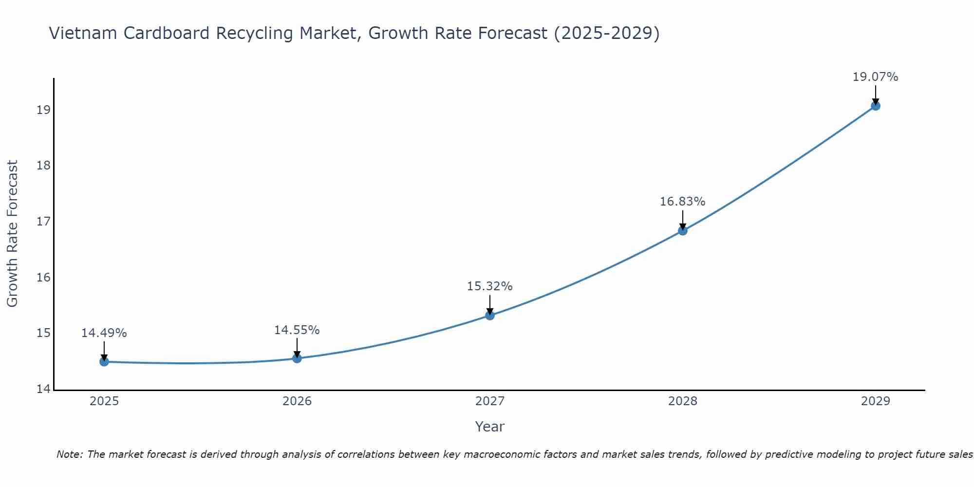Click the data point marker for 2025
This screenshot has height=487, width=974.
[x=104, y=362]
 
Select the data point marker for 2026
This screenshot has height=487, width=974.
[x=297, y=358]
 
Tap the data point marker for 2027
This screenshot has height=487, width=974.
[x=490, y=316]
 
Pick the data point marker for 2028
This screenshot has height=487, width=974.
[x=683, y=231]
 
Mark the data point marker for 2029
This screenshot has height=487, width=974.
[x=876, y=106]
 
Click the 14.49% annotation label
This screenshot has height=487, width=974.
[x=104, y=333]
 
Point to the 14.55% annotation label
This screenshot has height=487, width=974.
[x=297, y=330]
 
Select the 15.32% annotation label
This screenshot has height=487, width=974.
[x=489, y=286]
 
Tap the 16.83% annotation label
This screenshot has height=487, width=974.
[x=682, y=202]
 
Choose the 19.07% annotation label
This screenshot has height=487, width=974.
[x=875, y=77]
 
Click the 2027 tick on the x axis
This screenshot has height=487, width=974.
[x=490, y=401]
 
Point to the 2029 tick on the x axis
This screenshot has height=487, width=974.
[x=876, y=401]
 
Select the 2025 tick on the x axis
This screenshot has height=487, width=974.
[x=104, y=401]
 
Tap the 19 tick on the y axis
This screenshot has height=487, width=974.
[x=43, y=110]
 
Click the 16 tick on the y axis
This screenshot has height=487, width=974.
[x=43, y=278]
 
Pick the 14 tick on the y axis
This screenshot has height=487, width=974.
[x=43, y=389]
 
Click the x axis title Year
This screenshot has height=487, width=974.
[x=489, y=427]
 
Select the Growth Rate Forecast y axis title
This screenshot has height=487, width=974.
[x=13, y=234]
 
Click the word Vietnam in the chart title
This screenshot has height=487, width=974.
[x=82, y=34]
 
